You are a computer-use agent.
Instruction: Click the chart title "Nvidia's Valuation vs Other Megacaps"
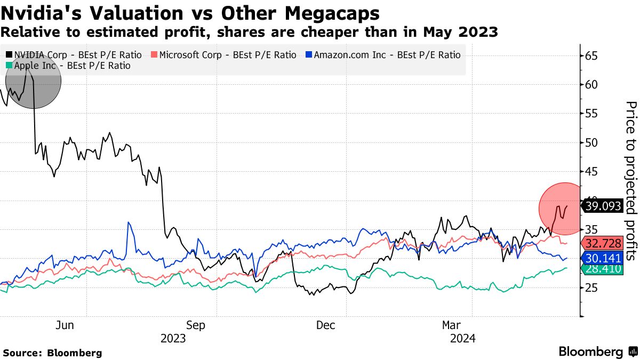(190, 13)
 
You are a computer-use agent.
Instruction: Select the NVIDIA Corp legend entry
(74, 54)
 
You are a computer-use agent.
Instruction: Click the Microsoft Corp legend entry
(224, 54)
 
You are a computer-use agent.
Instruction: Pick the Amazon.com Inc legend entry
(382, 54)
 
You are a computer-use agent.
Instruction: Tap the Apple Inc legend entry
(68, 66)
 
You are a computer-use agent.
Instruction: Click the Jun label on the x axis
(65, 325)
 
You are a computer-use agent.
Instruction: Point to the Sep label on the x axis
(195, 325)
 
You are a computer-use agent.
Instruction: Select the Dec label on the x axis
(325, 325)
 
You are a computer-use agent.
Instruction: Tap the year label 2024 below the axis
(463, 339)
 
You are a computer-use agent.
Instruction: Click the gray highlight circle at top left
(34, 81)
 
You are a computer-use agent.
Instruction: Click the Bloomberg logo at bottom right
(597, 352)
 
